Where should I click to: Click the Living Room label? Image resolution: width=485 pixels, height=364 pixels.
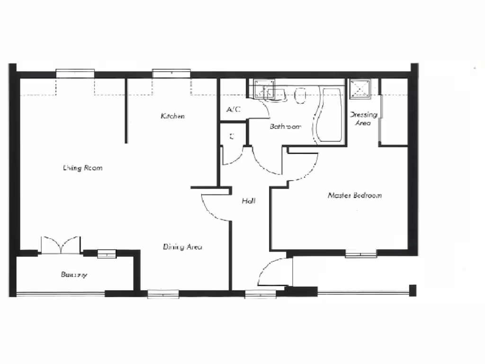(83, 168)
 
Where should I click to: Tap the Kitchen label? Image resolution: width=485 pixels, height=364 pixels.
(172, 116)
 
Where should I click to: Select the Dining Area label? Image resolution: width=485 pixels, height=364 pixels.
(183, 247)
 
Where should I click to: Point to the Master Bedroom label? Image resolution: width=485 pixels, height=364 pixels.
(355, 195)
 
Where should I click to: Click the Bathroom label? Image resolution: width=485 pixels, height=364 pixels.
(286, 127)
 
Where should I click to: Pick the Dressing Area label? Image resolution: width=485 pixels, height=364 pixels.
(363, 118)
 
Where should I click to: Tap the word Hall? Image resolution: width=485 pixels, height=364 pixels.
(249, 201)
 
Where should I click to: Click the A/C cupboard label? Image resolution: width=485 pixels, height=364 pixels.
(234, 109)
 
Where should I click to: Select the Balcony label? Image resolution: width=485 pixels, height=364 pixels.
(74, 274)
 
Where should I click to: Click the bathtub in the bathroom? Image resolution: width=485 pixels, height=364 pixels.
(331, 114)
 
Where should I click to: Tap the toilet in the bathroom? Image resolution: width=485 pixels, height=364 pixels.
(300, 96)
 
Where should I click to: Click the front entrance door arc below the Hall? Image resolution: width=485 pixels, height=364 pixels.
(271, 273)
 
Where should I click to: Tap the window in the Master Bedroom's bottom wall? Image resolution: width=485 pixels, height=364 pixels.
(361, 255)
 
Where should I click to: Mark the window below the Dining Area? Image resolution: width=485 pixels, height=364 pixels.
(163, 294)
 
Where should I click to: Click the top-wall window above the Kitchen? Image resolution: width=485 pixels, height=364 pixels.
(171, 73)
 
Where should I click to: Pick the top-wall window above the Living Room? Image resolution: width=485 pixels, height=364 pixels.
(75, 73)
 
